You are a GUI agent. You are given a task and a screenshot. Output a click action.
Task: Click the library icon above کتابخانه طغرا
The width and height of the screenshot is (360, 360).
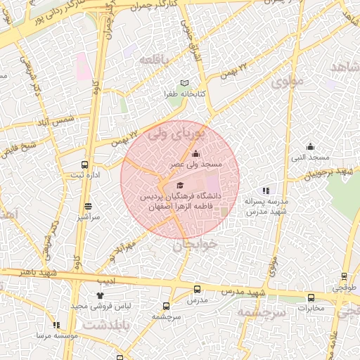coord(184,83)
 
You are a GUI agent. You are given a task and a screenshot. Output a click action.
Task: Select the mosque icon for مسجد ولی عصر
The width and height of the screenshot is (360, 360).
coord(195,154)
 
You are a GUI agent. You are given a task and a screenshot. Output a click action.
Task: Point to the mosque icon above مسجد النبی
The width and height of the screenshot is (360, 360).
coord(310,146)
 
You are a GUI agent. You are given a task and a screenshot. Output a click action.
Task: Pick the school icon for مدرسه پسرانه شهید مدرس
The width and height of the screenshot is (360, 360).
coord(266,191)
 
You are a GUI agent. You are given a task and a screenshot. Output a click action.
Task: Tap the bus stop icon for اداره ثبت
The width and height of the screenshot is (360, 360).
coord(85,164)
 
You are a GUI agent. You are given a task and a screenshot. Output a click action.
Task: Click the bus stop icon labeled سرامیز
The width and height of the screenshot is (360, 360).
coord(88,207)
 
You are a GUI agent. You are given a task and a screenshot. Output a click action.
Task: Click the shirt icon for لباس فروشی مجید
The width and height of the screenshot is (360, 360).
coord(100,296)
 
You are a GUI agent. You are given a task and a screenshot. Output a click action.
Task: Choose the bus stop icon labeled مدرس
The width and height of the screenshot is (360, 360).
coord(197,289)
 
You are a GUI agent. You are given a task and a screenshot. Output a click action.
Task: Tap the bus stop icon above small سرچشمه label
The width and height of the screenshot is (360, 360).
coord(166,306)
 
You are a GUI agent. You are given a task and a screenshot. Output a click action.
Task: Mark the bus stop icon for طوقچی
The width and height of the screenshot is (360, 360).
coord(344,277)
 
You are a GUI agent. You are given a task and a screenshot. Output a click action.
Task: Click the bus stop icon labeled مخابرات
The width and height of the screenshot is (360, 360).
coord(310,297)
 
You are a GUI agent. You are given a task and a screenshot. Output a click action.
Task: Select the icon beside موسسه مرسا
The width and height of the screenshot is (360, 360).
coord(56,325)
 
